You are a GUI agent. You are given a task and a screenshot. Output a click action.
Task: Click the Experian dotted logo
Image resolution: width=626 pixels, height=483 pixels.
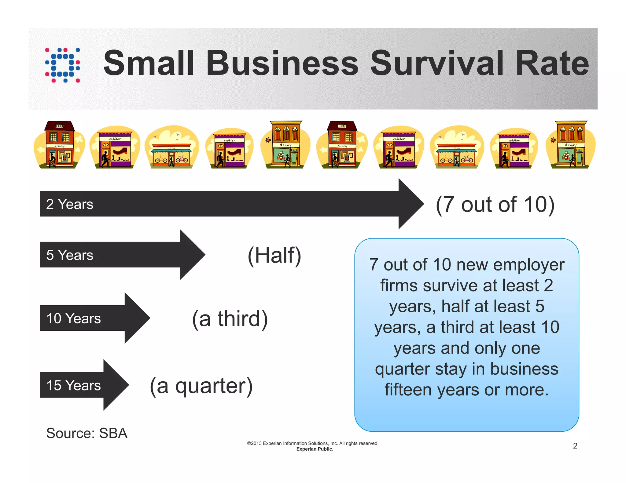[63, 65]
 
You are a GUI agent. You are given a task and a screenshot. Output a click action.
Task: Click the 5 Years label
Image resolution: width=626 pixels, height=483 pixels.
[70, 255]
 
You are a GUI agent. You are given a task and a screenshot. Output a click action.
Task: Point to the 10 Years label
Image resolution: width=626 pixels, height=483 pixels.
[73, 318]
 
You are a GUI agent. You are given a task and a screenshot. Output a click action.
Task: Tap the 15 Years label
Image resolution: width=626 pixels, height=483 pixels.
[73, 385]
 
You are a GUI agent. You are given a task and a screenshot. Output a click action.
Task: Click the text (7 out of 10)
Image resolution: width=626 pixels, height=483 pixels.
[495, 204]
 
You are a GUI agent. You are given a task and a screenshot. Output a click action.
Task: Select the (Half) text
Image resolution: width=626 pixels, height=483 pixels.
[274, 255]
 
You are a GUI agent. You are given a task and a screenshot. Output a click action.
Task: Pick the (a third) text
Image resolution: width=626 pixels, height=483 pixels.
[230, 319]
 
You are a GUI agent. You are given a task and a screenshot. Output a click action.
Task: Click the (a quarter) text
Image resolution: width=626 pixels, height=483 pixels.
[201, 386]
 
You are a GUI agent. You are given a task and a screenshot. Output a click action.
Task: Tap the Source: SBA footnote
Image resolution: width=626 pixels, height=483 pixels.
[87, 433]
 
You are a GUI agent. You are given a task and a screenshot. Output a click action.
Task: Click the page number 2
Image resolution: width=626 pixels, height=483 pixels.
[575, 446]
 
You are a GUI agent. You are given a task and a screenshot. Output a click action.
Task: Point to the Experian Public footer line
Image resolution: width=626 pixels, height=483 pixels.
[315, 449]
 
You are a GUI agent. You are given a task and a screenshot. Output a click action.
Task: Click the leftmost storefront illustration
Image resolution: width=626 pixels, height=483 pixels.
[59, 145]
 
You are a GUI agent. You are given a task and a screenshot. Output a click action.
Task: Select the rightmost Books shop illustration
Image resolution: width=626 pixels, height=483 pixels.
[571, 145]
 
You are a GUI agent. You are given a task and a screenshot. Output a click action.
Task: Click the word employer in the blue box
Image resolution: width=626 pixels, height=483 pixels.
[528, 265]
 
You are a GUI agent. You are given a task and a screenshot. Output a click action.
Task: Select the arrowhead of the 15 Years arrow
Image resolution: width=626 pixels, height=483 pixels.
[115, 385]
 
